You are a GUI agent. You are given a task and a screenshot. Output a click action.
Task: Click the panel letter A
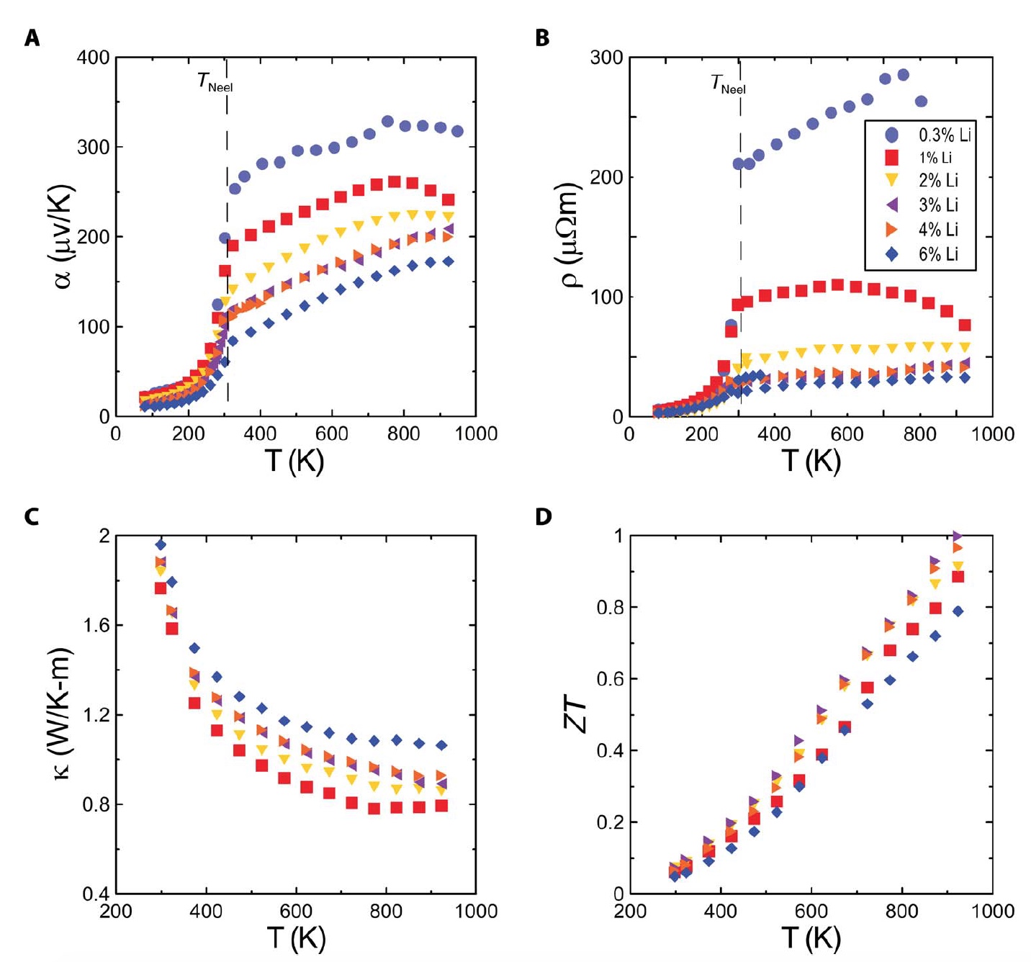point(32,38)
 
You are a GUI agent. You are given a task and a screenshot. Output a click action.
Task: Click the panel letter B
point(542,38)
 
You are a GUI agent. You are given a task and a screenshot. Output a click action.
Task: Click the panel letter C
point(32,517)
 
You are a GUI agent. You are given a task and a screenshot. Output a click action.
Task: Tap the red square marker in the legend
point(892,158)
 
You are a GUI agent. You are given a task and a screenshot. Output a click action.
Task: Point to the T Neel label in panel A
point(215,83)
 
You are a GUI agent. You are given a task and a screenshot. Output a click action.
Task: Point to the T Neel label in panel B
point(728,85)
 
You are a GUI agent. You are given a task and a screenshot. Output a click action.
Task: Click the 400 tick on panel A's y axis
point(93,58)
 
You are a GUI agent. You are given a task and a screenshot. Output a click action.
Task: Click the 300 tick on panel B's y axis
point(606,58)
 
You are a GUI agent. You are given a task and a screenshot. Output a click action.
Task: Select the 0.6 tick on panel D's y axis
point(609,679)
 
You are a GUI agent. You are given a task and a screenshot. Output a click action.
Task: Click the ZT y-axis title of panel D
point(577,715)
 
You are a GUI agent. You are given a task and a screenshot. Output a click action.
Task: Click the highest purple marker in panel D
point(957,536)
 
